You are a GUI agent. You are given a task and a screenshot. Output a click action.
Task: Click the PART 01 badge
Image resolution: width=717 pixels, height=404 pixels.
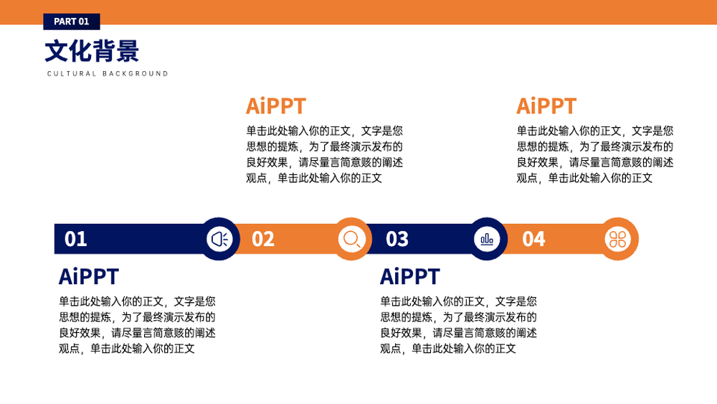[71, 22]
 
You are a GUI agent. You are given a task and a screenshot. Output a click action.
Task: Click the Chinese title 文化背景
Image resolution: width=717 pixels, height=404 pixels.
[92, 51]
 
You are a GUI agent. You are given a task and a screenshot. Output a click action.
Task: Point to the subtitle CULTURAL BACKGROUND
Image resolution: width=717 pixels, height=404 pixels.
[108, 74]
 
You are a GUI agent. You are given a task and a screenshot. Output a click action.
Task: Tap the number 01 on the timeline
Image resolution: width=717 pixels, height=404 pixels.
[75, 239]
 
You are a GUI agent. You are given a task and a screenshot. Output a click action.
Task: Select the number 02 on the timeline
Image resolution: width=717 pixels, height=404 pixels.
[263, 239]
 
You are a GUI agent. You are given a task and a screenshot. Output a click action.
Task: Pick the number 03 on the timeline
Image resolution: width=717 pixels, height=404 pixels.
[397, 239]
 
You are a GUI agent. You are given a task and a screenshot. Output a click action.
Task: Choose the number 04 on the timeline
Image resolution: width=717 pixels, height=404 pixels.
[533, 239]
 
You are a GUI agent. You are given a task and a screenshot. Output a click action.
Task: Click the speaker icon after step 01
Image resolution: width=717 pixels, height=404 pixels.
[219, 239]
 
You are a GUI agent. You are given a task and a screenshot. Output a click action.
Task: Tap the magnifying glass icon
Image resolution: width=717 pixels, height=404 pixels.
[351, 239]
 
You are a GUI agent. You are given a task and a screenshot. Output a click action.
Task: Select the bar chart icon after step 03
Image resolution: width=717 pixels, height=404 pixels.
[487, 239]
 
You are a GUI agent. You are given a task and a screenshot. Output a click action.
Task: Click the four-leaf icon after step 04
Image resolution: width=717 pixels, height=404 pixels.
[618, 239]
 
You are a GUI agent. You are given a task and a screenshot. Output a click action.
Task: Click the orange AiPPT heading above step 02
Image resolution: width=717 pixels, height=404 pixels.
[276, 106]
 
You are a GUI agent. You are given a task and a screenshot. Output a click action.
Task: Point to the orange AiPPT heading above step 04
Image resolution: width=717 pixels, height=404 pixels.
[546, 106]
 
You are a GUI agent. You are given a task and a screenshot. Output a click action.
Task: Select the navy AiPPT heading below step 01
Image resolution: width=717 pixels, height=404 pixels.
[89, 277]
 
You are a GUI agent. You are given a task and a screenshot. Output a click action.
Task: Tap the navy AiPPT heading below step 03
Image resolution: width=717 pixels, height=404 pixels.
[409, 277]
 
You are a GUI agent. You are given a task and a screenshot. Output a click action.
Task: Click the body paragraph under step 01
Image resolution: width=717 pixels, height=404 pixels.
[137, 325]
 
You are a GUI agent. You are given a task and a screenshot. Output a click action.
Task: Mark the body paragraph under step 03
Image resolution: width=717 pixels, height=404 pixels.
[458, 325]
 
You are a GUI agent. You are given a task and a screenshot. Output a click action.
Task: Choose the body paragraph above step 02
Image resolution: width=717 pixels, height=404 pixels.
[325, 154]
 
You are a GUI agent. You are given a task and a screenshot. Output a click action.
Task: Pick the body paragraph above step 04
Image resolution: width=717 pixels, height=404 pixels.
[595, 154]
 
